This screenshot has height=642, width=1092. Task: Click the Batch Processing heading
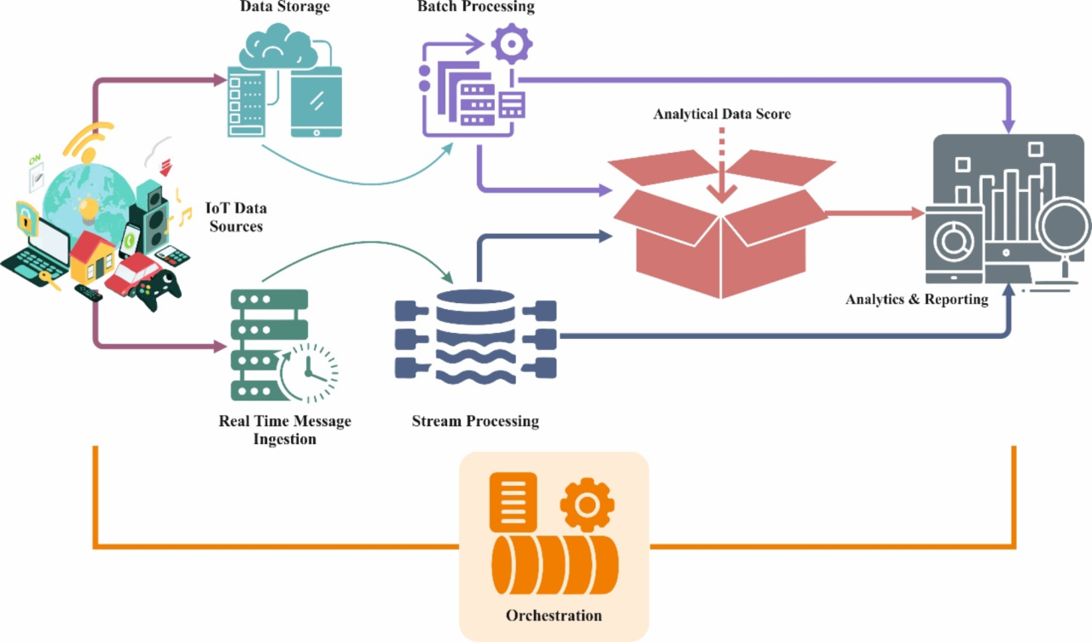(475, 7)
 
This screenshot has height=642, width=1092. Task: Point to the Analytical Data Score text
(722, 114)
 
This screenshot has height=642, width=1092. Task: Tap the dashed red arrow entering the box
(722, 166)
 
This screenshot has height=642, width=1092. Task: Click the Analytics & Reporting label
(916, 300)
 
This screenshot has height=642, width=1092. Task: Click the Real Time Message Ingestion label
(284, 430)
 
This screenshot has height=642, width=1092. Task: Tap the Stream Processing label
(475, 421)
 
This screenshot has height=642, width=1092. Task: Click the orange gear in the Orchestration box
(587, 504)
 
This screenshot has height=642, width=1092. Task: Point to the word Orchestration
(554, 615)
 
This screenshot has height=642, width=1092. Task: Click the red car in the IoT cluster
(132, 272)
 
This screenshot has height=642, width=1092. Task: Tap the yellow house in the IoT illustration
(92, 257)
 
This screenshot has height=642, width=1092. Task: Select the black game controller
(160, 291)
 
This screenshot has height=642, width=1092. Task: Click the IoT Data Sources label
(236, 217)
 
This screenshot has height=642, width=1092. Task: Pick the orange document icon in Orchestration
(512, 501)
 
